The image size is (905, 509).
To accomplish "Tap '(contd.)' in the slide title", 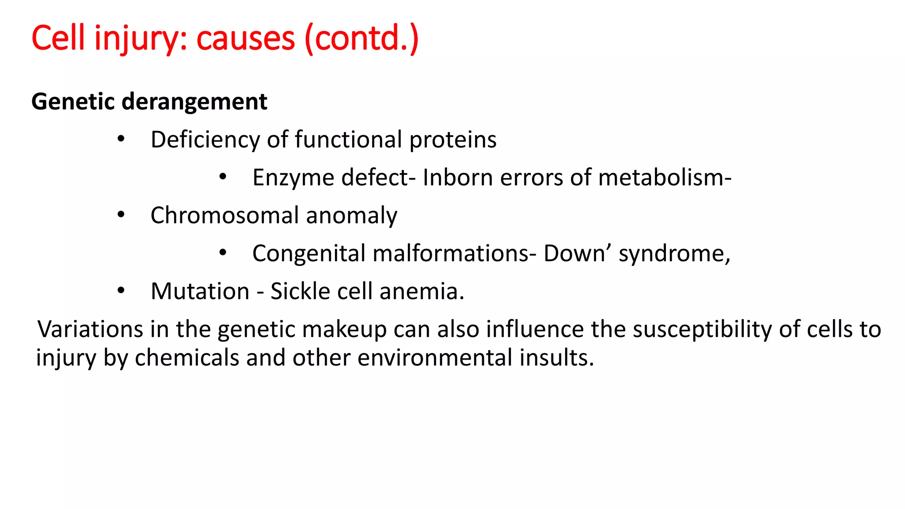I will coord(361,39).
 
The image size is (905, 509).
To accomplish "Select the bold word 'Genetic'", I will coord(73,102).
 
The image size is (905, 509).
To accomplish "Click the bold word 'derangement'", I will coord(194,102).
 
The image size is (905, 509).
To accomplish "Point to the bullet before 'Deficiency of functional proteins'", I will coord(121,139).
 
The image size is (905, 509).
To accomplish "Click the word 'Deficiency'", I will coord(205,140).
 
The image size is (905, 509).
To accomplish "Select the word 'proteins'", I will coord(452,140).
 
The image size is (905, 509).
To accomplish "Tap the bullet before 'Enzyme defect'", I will coord(223,177).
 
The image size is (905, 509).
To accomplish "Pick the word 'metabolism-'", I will coord(665,178).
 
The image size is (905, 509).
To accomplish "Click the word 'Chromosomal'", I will coord(224,216).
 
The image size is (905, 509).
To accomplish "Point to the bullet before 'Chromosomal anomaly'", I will coord(121,215).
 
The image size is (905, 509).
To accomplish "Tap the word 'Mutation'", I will coord(200,292).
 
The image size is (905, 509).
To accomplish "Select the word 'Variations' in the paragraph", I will coord(90,330).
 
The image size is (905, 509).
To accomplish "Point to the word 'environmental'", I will coord(435,358).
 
